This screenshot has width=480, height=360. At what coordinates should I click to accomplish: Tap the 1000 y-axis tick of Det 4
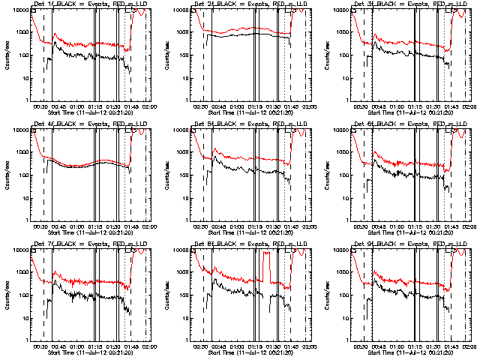point(23,153)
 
